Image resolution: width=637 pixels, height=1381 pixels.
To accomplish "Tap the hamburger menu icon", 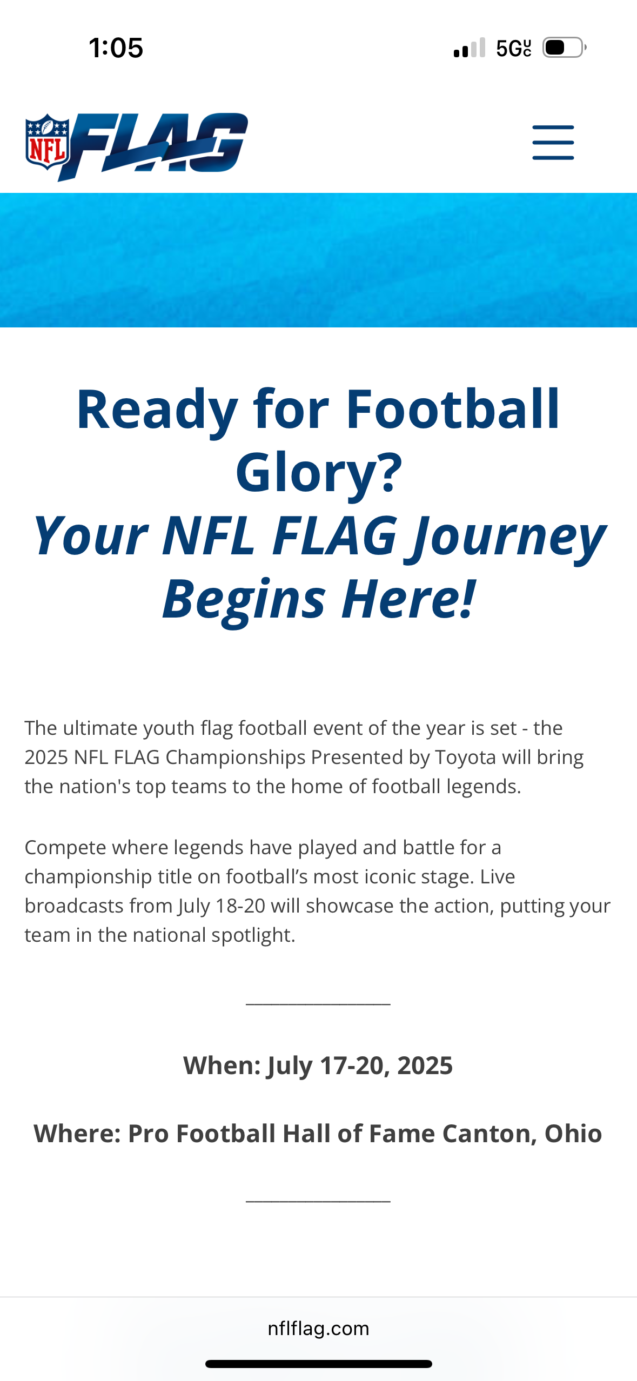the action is [553, 143].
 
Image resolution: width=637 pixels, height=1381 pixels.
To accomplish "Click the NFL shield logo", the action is [48, 142].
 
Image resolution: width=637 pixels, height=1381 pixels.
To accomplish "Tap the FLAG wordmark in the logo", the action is [154, 146].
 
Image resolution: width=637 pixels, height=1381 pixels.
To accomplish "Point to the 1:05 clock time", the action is [116, 48].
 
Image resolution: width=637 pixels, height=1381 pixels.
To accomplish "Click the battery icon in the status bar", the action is [565, 48].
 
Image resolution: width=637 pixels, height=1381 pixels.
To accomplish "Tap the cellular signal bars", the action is [470, 48].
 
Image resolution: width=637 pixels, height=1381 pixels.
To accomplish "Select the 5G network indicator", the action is [514, 48].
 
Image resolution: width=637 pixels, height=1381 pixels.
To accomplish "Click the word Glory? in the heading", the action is [319, 472].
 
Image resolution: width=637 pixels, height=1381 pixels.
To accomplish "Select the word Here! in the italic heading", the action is [408, 599].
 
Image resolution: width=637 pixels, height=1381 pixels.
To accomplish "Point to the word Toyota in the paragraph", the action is [465, 757].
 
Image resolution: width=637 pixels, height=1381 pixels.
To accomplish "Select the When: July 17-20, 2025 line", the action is [318, 1065].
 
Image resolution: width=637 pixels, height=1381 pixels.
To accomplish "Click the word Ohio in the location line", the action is [573, 1133].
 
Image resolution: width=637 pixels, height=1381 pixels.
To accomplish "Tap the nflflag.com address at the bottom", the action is [318, 1328].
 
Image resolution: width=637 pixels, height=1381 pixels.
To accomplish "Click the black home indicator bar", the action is [319, 1364].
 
